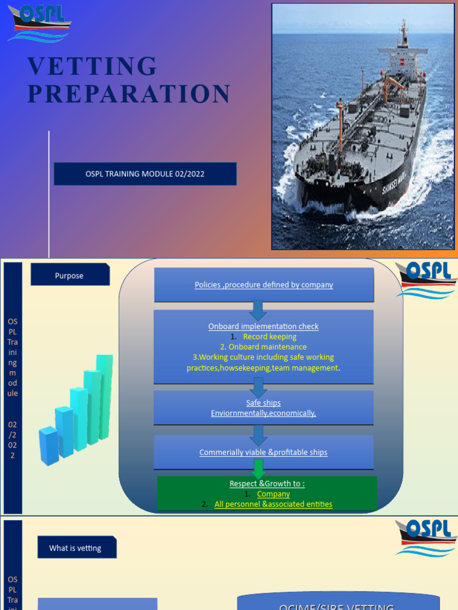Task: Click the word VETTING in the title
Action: (x=92, y=66)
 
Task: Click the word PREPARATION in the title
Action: (x=129, y=94)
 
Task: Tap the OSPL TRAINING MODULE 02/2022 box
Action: (x=145, y=174)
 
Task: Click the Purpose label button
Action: (x=70, y=276)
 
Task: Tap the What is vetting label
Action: (x=76, y=548)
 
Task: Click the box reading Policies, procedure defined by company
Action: (x=264, y=285)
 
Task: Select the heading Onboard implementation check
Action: (x=264, y=326)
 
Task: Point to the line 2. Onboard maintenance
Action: (x=264, y=347)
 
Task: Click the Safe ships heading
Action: (x=264, y=403)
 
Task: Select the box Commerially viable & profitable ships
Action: (x=264, y=452)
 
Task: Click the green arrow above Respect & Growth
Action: (x=259, y=468)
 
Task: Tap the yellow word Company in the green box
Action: (x=273, y=494)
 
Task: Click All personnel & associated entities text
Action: (x=273, y=504)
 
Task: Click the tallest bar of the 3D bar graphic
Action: (x=105, y=396)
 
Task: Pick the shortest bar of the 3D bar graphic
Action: (x=49, y=446)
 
